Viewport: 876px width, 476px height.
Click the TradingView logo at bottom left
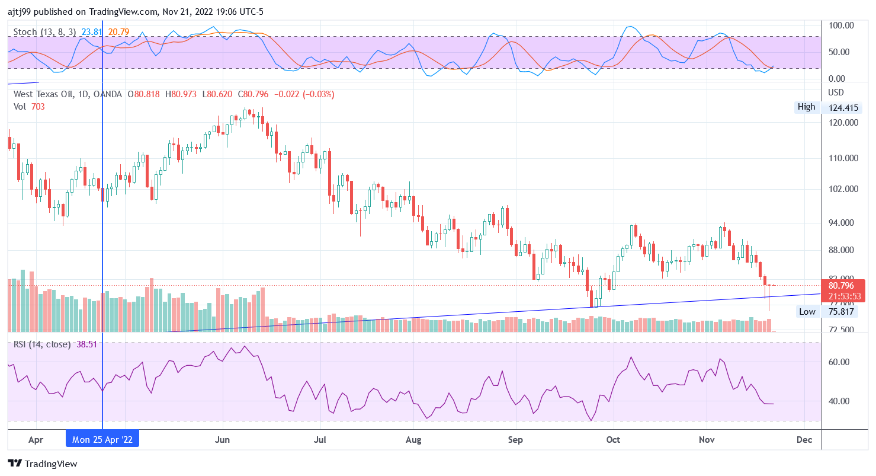pos(42,464)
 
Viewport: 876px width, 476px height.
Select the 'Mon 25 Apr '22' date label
pos(102,439)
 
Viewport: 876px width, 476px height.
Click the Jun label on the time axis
pos(223,439)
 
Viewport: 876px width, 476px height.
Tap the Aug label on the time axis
pos(413,439)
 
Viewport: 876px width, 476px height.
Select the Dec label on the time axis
pos(804,439)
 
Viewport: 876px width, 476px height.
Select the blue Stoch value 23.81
pos(93,31)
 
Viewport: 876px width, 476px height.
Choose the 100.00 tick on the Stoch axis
pos(841,25)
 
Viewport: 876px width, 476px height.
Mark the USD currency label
pos(836,92)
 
